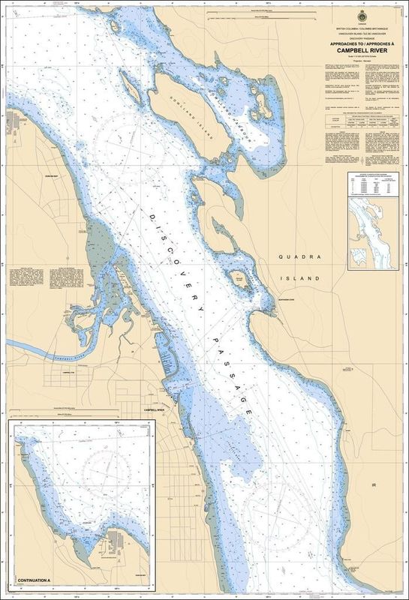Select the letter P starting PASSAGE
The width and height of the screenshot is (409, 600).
click(x=202, y=339)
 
